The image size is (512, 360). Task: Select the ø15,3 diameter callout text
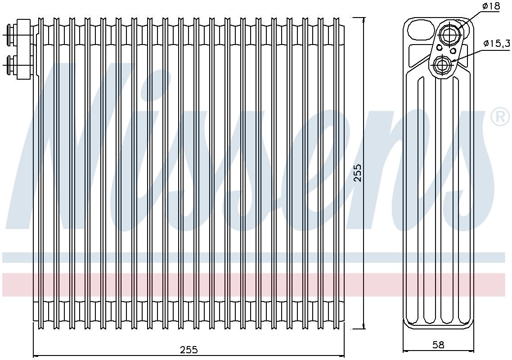pyautogui.click(x=496, y=43)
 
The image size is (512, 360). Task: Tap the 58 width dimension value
pyautogui.click(x=438, y=345)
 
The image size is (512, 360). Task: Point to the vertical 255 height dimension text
pyautogui.click(x=358, y=173)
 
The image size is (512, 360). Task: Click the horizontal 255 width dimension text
pyautogui.click(x=189, y=350)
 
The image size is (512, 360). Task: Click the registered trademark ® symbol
pyautogui.click(x=499, y=118)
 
